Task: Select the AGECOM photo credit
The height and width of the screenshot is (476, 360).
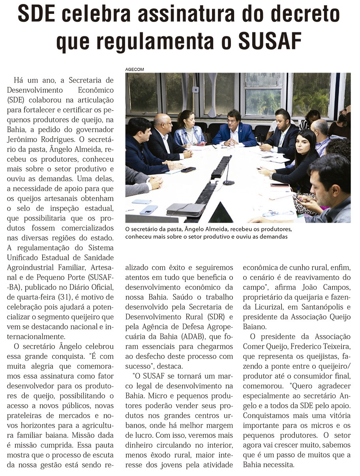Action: (x=135, y=69)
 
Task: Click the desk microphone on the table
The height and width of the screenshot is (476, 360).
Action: (x=228, y=174)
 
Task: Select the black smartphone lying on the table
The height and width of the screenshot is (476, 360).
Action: (x=188, y=169)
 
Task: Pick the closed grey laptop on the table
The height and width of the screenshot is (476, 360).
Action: (x=186, y=209)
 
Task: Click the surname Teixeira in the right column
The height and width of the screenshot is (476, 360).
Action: (x=334, y=346)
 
